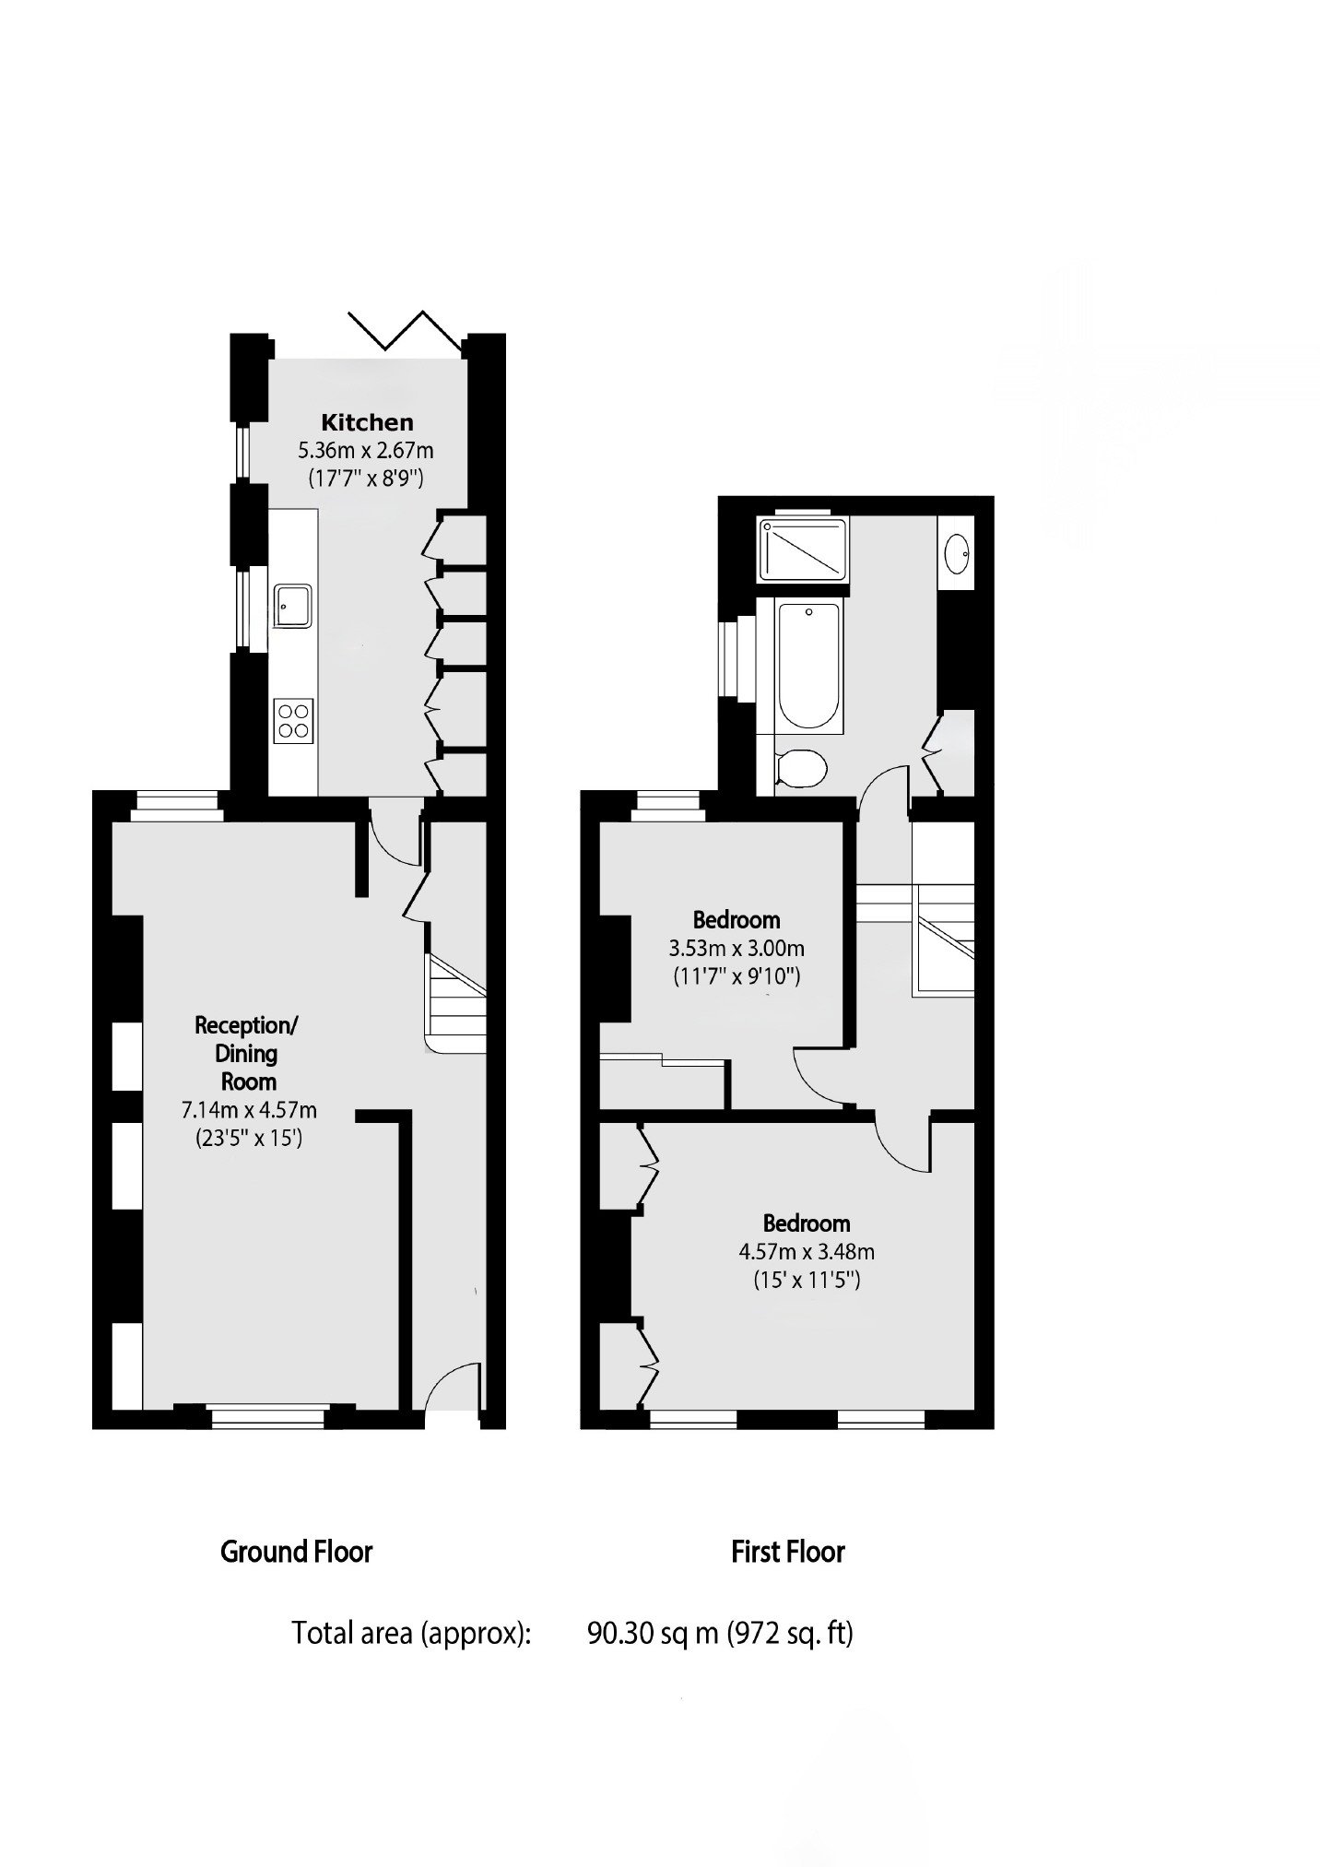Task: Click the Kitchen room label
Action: (x=367, y=423)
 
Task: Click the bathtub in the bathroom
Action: (x=808, y=665)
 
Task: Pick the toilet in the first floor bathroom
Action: (x=798, y=767)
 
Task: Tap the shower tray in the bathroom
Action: (x=802, y=549)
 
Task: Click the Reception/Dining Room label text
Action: (x=247, y=1053)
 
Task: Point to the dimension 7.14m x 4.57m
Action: (x=249, y=1110)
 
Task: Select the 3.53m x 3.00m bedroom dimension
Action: (x=737, y=948)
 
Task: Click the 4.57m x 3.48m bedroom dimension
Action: (x=807, y=1251)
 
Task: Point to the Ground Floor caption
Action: (x=296, y=1552)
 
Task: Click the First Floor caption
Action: (x=788, y=1552)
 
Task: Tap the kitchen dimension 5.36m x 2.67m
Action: (x=365, y=451)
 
